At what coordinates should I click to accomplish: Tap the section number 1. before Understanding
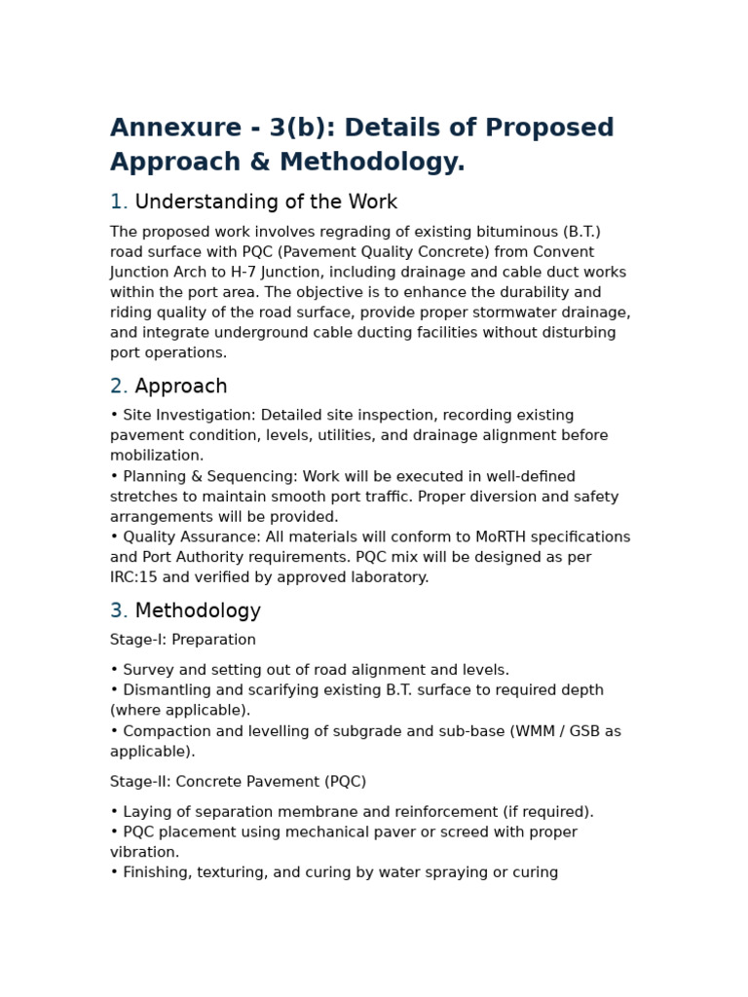point(118,203)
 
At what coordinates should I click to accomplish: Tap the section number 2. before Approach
point(118,387)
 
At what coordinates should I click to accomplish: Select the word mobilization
point(156,456)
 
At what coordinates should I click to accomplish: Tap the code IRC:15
point(136,577)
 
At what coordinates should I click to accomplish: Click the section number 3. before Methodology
point(118,611)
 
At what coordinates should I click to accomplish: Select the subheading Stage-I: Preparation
point(183,640)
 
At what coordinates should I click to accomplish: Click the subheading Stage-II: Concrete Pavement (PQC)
point(238,782)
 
